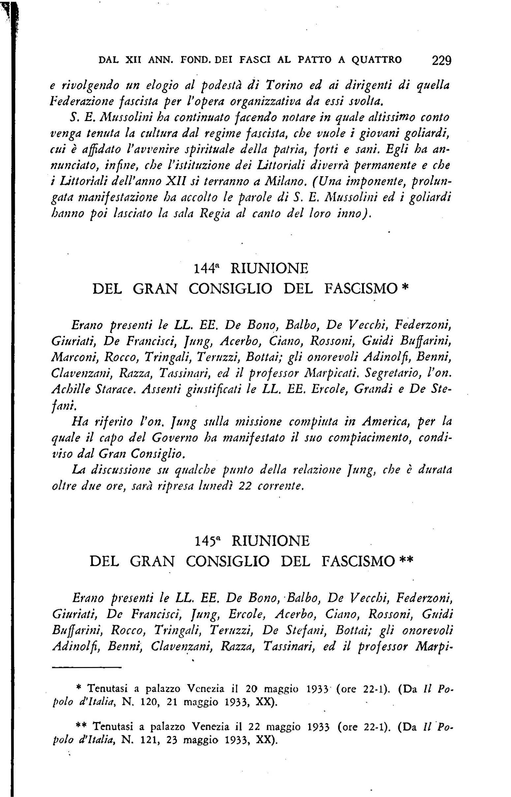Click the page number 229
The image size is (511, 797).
point(442,61)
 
